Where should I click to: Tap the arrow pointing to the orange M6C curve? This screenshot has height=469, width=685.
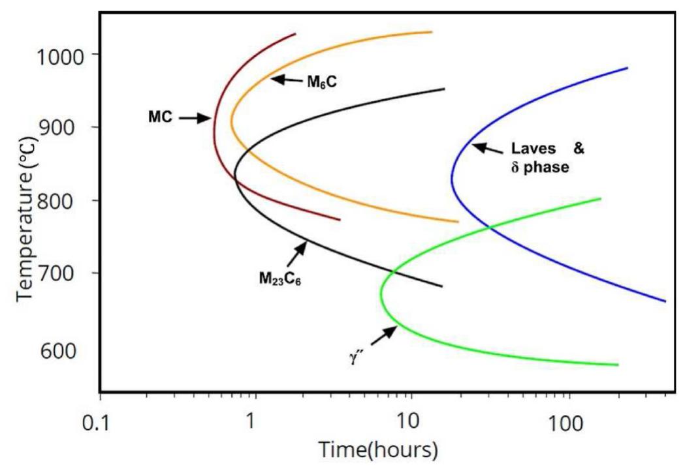(x=286, y=80)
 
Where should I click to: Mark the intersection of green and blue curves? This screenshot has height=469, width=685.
(x=488, y=226)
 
